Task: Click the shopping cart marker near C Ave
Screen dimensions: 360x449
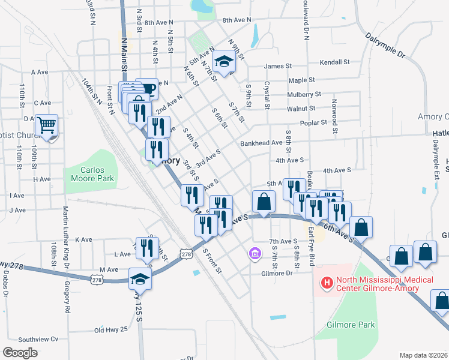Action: [47, 125]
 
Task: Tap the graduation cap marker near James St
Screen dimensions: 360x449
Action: [224, 61]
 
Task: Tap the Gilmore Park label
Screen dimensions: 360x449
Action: [351, 325]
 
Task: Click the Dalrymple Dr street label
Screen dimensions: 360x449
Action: [385, 45]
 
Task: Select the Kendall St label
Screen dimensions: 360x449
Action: [335, 62]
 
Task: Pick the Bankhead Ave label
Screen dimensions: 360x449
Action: [261, 143]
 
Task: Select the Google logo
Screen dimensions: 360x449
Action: [20, 353]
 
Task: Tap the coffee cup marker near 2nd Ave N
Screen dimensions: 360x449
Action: [147, 89]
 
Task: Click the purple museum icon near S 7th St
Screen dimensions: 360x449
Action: [255, 254]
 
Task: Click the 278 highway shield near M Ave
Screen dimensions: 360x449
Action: [97, 279]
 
